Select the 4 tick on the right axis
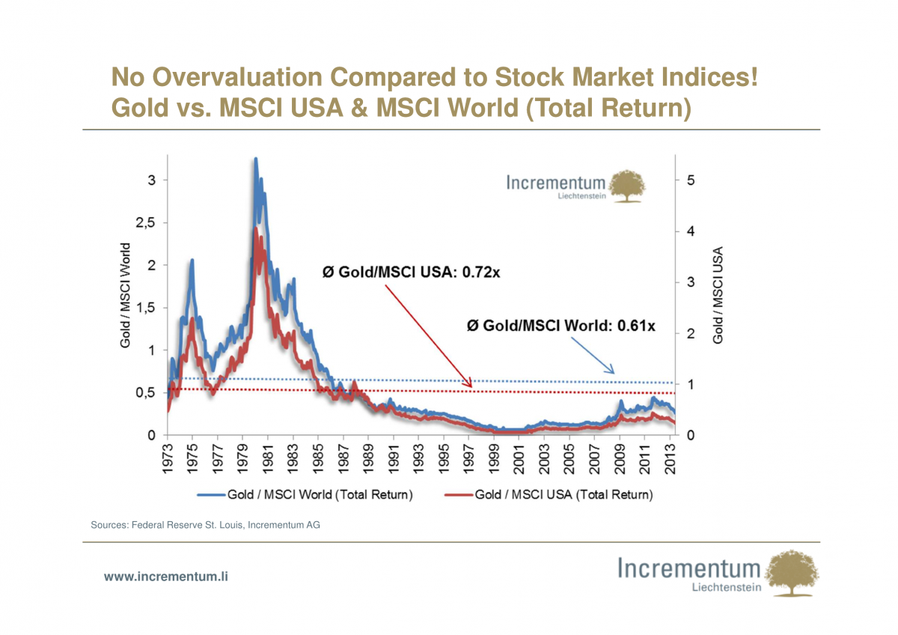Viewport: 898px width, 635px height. [x=691, y=231]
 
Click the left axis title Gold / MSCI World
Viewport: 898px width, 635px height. [x=125, y=294]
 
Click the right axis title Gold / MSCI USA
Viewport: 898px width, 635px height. [x=718, y=296]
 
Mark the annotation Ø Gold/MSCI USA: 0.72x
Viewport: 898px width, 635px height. [x=411, y=273]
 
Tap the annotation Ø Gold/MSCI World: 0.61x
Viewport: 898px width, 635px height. [x=561, y=326]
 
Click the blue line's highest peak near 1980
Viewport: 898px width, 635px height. [x=255, y=159]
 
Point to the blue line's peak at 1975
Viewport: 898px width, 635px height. [x=192, y=260]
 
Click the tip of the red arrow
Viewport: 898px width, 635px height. [x=471, y=387]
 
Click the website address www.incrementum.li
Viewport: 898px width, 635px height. [x=165, y=576]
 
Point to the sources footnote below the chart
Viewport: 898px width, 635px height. [x=206, y=525]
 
